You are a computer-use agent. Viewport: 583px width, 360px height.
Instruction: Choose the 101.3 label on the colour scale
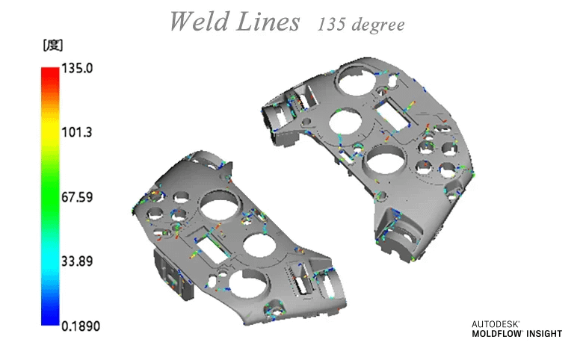click(x=76, y=133)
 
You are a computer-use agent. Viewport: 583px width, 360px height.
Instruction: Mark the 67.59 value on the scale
click(x=76, y=197)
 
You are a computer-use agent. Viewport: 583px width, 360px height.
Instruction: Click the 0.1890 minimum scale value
click(x=80, y=326)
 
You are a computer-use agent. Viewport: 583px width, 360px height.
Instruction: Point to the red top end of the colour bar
click(x=49, y=72)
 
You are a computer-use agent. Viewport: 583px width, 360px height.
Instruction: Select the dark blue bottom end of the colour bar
click(x=49, y=320)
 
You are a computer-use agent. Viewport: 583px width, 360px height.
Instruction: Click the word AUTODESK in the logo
click(x=496, y=324)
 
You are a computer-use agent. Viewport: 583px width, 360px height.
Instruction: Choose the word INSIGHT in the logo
click(x=544, y=334)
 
